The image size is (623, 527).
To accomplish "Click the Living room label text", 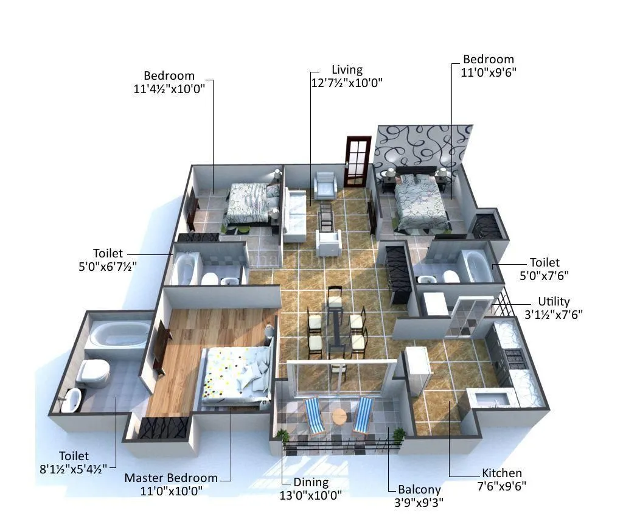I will point(347,70).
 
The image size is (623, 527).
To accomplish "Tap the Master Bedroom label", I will point(170,478).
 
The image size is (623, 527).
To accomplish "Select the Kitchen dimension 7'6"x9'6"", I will point(503,486).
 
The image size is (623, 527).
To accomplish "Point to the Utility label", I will point(554,302).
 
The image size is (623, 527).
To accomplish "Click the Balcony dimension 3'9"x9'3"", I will point(419,502).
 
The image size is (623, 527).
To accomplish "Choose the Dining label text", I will point(311,483).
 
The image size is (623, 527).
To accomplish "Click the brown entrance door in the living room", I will point(357,161).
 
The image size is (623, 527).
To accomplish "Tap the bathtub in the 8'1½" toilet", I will point(119,335).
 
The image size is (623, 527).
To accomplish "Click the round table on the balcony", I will point(339,417).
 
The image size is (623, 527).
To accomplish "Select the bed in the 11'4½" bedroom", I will point(249,203).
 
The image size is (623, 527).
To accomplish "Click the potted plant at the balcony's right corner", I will point(399,435).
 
